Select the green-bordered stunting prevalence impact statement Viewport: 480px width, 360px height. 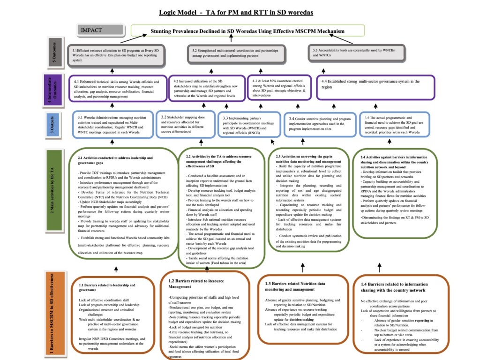pyautogui.click(x=247, y=31)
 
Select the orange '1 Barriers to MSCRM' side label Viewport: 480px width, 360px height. pyautogui.click(x=55, y=312)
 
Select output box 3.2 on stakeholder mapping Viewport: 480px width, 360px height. pyautogui.click(x=185, y=124)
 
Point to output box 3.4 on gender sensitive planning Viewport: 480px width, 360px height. pyautogui.click(x=320, y=124)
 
